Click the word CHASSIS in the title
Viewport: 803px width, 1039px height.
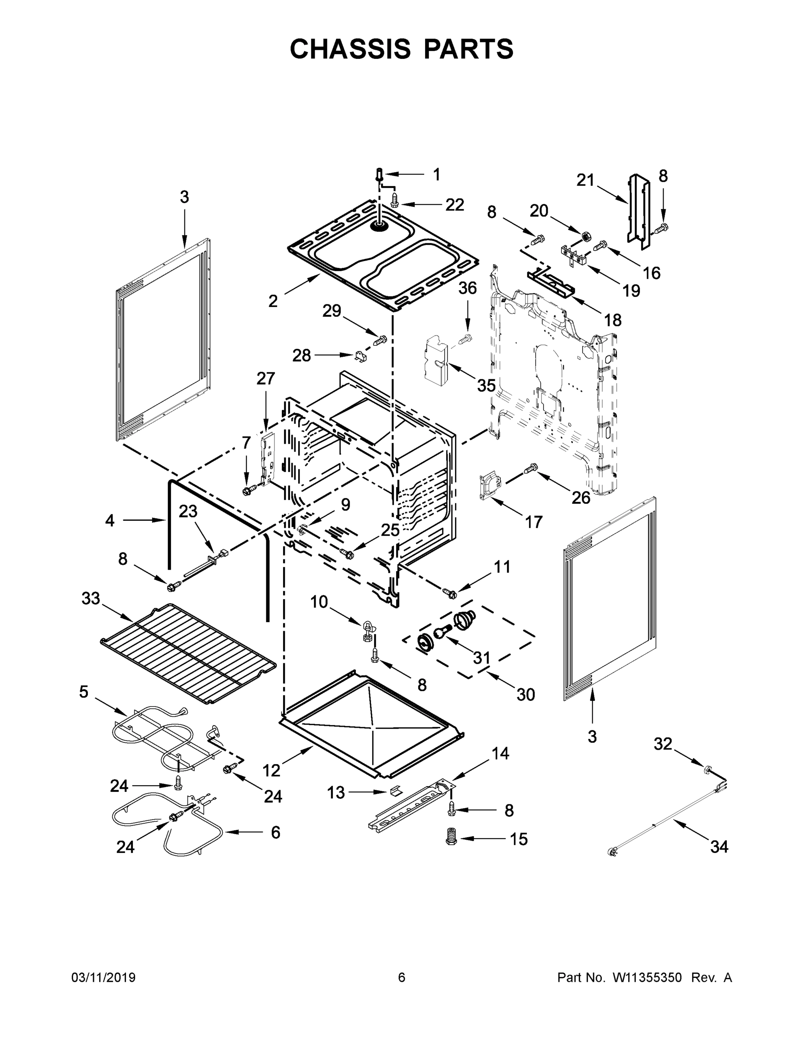tap(350, 49)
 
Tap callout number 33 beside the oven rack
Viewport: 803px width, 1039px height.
tap(91, 598)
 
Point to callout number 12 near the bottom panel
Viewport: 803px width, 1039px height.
tap(271, 770)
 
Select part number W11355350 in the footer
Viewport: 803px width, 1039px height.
tap(647, 977)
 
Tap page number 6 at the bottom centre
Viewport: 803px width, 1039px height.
tap(402, 977)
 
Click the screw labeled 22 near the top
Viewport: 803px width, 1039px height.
tap(395, 200)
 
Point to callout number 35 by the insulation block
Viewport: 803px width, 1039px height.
tap(486, 385)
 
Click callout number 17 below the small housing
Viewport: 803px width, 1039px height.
tap(533, 523)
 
